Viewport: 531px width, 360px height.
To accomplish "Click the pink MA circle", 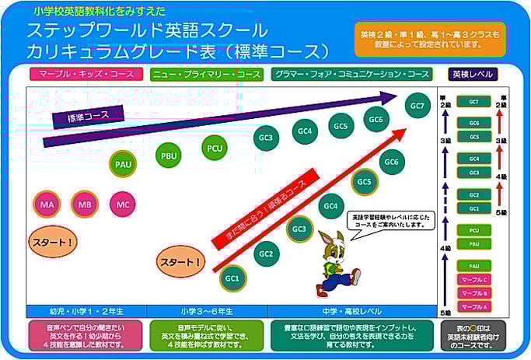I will (47, 204).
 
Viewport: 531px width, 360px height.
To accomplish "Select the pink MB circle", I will (85, 204).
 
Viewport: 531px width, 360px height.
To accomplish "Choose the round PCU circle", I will (214, 145).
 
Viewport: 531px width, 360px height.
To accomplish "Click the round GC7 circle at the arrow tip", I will (417, 105).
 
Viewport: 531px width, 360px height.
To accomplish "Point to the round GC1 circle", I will (232, 278).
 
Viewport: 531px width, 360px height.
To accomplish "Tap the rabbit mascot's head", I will (332, 242).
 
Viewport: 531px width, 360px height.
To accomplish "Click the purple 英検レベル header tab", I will (473, 75).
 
